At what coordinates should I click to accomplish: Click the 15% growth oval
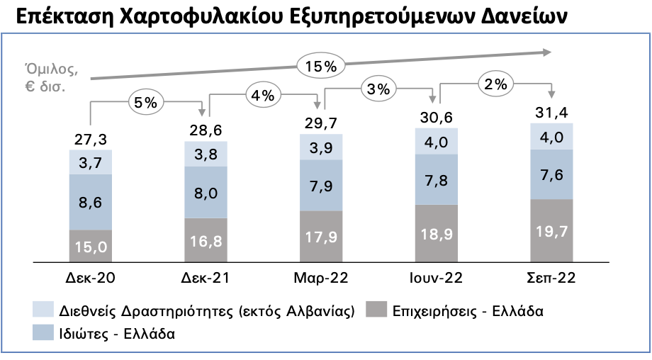320,67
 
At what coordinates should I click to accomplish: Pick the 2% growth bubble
496,84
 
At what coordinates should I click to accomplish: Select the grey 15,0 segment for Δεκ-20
90,247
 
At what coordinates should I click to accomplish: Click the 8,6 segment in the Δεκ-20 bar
90,202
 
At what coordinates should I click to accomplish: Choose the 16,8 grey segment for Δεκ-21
206,240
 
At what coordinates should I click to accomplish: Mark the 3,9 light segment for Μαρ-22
321,147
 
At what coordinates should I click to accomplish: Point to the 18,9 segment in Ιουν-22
437,234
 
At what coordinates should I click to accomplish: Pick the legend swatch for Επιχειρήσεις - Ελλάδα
376,310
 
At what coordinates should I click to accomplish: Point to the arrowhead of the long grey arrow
547,51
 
